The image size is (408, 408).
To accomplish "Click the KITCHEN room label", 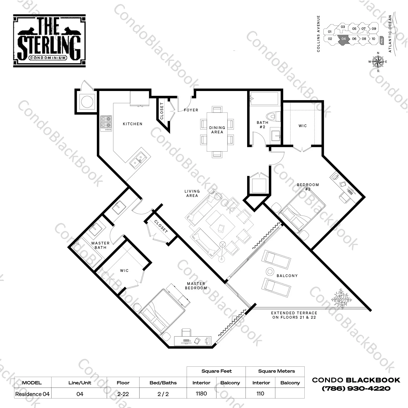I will pos(132,124).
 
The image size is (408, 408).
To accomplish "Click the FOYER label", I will pos(191,110).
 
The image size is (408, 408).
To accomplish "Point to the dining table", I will pos(217,132).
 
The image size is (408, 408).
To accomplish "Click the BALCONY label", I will pos(287,276).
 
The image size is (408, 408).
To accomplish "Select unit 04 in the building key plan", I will pos(343,39).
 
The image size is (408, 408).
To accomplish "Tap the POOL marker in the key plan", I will pos(382,40).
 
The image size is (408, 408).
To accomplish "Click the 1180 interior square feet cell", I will pos(201,394).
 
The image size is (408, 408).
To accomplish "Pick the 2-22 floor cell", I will pos(123,394).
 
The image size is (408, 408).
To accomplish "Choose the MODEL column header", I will pos(32,383).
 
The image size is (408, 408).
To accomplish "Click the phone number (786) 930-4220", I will pos(356,389).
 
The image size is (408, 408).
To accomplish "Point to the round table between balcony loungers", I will pos(270,271).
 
